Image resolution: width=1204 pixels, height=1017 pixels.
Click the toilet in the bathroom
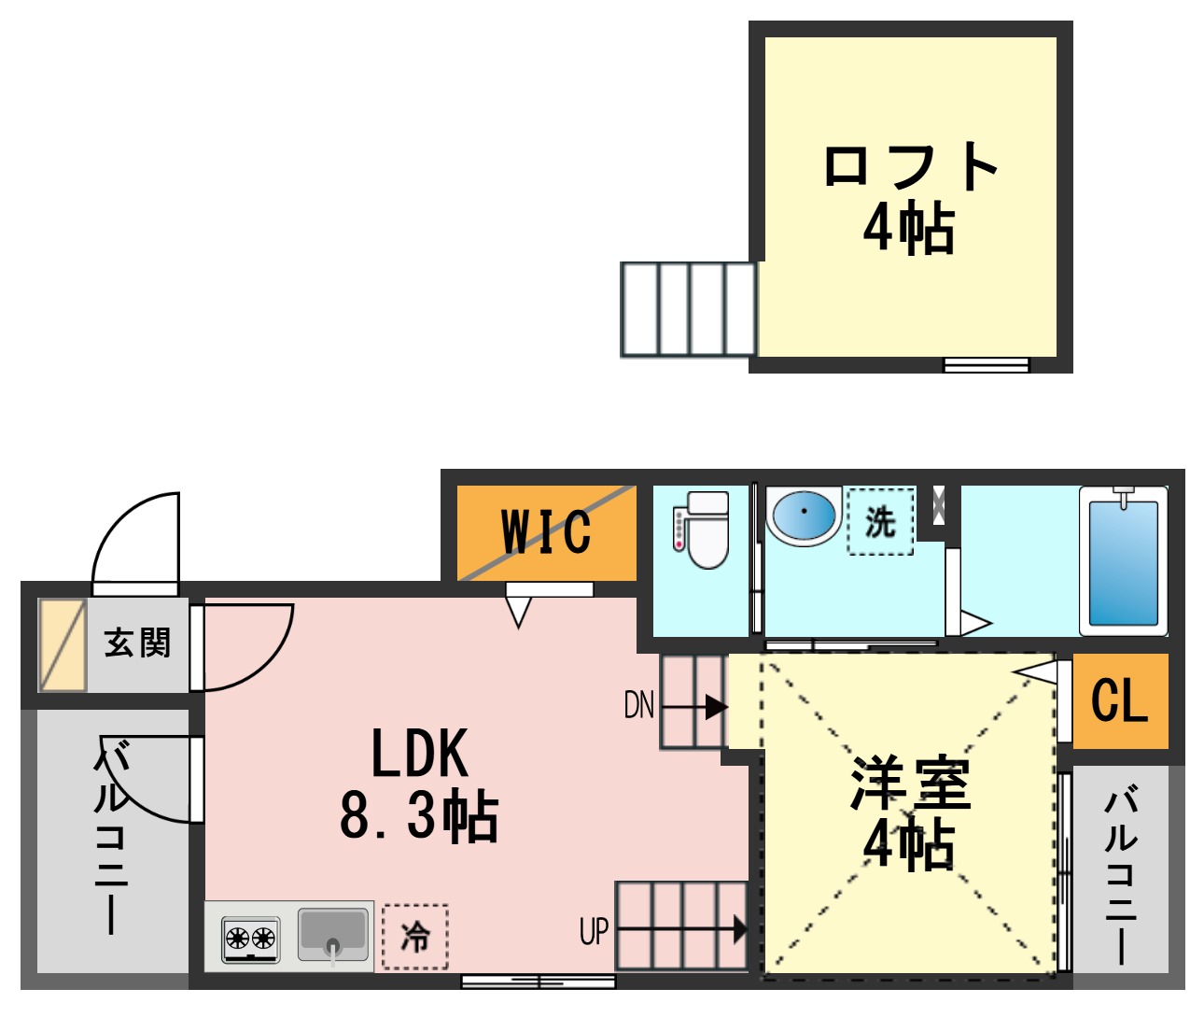point(703,530)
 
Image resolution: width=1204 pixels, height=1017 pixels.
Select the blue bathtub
point(1124,561)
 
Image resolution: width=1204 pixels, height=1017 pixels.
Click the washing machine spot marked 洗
point(880,522)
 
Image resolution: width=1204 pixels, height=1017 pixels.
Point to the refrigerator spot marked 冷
point(415,936)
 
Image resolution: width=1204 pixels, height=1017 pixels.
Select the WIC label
point(546,532)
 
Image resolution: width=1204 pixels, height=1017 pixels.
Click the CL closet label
point(1119,699)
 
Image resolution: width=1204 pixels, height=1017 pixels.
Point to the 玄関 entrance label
point(138,643)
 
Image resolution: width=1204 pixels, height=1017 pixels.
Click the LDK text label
point(419,754)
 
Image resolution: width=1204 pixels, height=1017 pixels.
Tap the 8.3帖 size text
point(419,815)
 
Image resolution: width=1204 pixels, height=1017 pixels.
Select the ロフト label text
point(910,167)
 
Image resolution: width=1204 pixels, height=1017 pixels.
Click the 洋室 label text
point(910,784)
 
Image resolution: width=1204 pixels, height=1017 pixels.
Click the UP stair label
point(594,931)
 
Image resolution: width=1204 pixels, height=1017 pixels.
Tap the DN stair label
point(639,705)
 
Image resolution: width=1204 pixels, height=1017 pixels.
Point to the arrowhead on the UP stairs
point(740,929)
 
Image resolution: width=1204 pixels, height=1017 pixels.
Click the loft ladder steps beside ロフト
point(689,309)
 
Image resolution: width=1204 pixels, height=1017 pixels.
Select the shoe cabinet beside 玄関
point(63,645)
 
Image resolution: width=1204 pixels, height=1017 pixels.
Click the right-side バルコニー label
point(1121,873)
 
